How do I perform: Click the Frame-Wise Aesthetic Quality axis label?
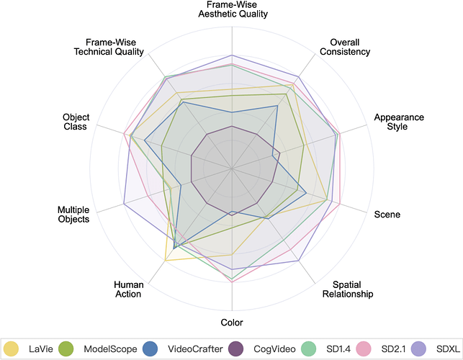tap(233, 9)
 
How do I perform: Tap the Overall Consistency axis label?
tap(345, 47)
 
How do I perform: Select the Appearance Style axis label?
tap(399, 122)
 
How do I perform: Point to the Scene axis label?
tap(387, 214)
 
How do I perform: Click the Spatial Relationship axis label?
tap(348, 289)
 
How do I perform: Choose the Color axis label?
tap(232, 322)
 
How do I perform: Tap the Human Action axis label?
tap(128, 289)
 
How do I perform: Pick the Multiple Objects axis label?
tap(73, 215)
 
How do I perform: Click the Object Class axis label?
tap(76, 122)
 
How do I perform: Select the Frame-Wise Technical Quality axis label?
tap(109, 47)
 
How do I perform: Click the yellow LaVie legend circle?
tap(11, 348)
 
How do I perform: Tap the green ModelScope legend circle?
tap(66, 348)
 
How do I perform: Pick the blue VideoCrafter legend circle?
tap(150, 348)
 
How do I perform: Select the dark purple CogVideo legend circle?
tap(236, 348)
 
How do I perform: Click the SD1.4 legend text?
tap(338, 349)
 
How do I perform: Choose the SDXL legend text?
tap(448, 349)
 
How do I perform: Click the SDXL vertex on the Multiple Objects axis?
tap(124, 204)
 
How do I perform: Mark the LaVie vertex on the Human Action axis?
tap(165, 261)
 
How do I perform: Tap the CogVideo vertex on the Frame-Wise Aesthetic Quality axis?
tap(232, 126)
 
